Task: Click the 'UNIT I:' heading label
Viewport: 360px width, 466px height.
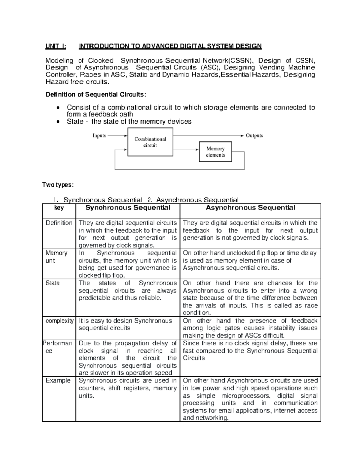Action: tap(56, 46)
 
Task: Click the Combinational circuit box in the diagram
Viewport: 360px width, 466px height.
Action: tap(150, 142)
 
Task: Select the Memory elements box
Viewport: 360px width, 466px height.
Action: tap(215, 152)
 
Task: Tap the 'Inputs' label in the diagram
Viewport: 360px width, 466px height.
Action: tap(99, 136)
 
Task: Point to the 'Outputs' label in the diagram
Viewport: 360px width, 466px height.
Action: tap(254, 136)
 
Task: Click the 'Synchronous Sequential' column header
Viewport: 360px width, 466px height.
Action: tap(128, 208)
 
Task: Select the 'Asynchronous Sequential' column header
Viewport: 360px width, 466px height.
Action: tap(250, 208)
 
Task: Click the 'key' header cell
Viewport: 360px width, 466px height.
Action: tap(59, 208)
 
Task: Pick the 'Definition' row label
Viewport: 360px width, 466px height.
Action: tap(59, 223)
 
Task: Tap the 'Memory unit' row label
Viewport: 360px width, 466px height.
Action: tap(56, 257)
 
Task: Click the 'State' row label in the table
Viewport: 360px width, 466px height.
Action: tap(52, 283)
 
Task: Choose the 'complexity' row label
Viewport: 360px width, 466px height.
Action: tap(59, 321)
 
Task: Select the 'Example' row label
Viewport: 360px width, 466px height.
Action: tap(58, 380)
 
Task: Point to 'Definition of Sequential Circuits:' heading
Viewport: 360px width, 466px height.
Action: tap(96, 95)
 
